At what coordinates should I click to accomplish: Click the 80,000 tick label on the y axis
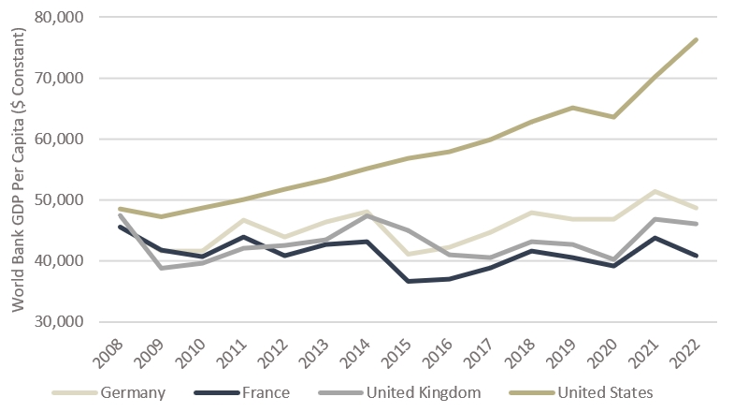[58, 18]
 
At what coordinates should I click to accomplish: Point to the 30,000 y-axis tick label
[58, 321]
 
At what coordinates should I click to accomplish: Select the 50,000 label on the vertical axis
[58, 200]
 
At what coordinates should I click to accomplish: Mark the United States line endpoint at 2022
[697, 39]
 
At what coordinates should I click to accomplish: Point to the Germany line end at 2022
[697, 208]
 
